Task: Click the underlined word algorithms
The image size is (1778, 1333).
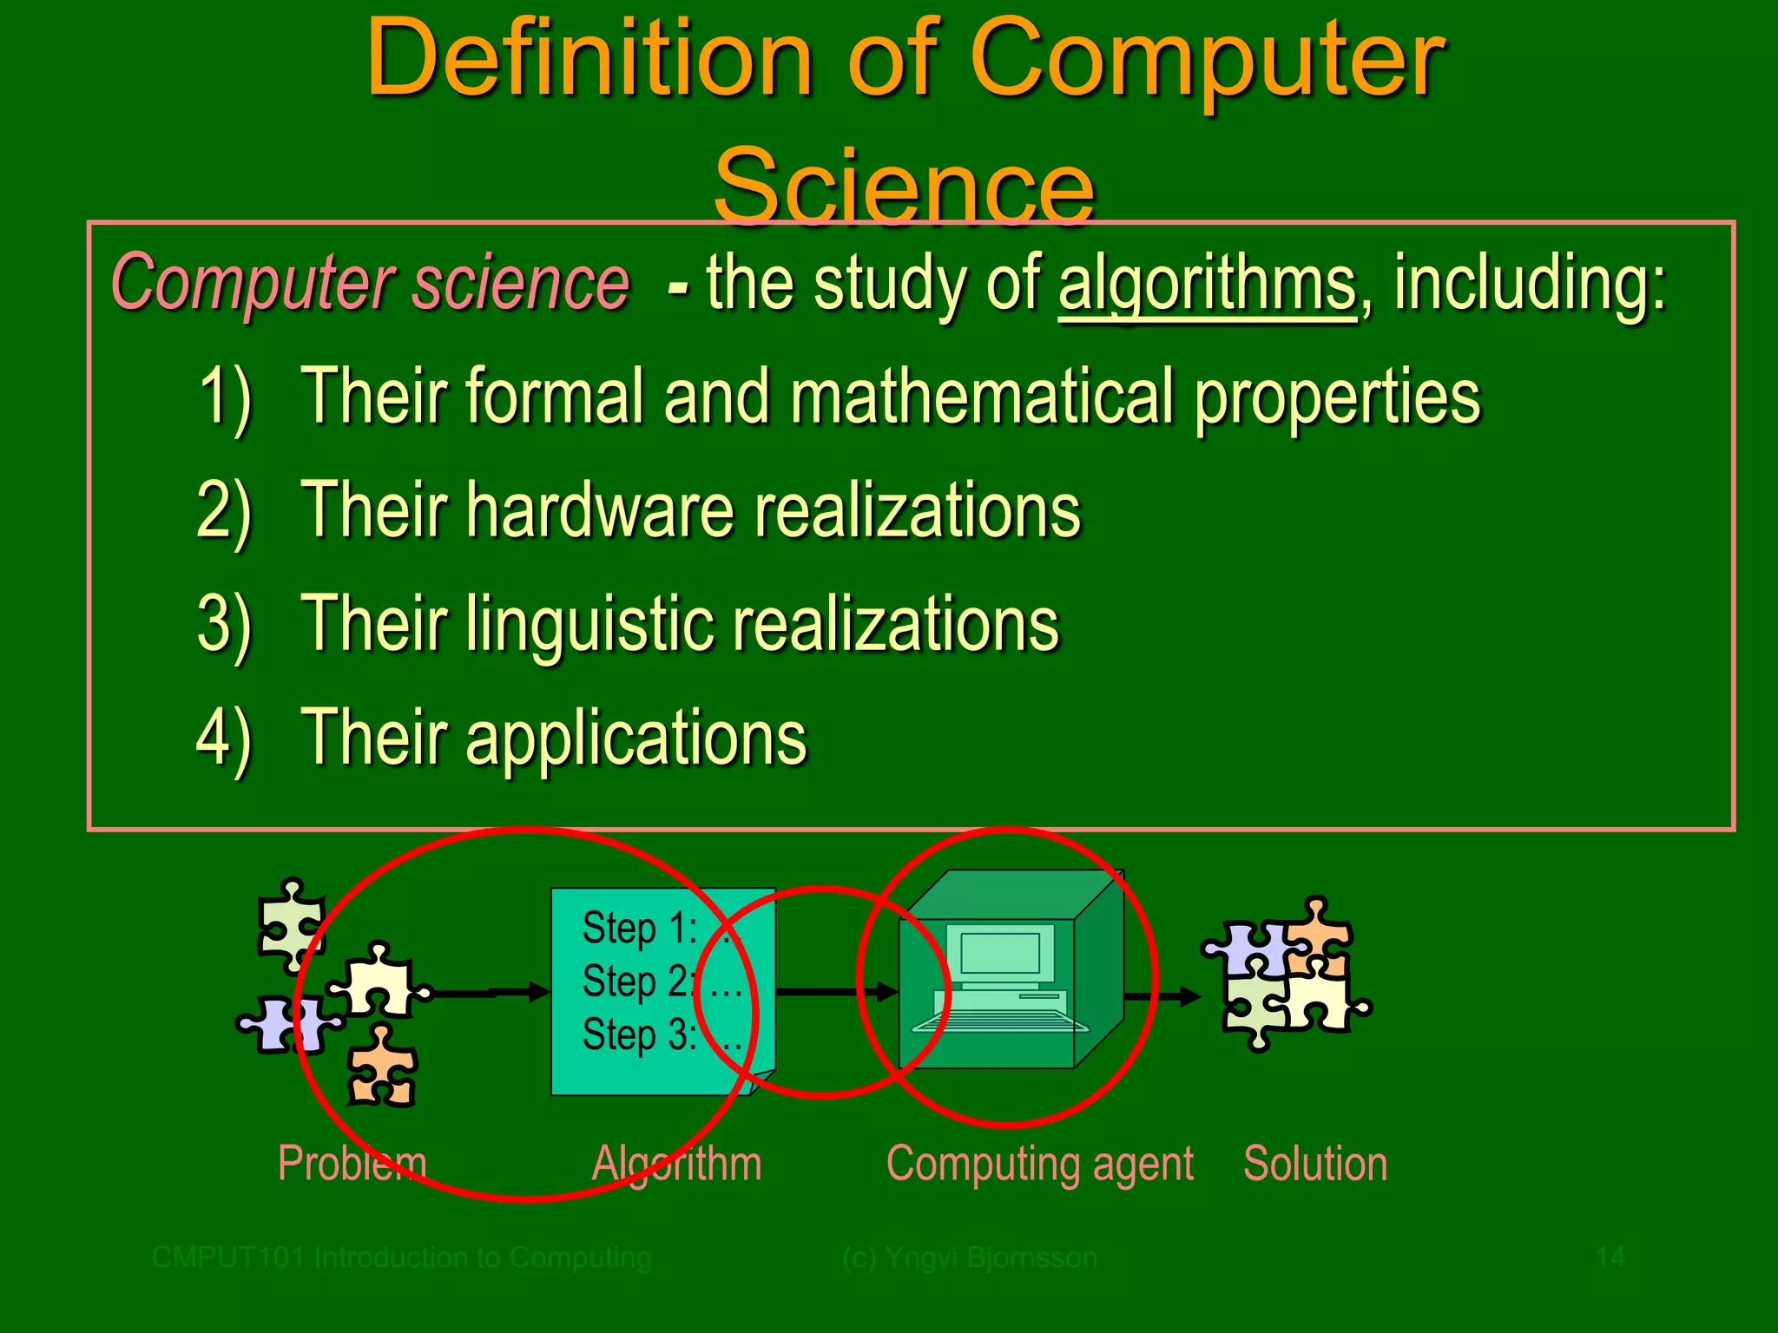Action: [1206, 285]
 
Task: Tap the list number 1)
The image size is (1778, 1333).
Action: [225, 397]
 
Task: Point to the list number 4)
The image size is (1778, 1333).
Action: [223, 739]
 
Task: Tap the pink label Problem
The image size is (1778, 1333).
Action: [352, 1163]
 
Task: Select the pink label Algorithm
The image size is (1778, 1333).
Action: [676, 1163]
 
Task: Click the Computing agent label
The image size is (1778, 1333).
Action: [1039, 1163]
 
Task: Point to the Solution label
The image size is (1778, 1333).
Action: [1314, 1163]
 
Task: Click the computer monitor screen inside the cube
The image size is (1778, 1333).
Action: [1000, 952]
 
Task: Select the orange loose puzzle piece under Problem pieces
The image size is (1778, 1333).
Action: [382, 1067]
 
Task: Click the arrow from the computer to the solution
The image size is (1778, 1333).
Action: [1162, 995]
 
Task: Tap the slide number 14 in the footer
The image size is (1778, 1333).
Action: [1610, 1257]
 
